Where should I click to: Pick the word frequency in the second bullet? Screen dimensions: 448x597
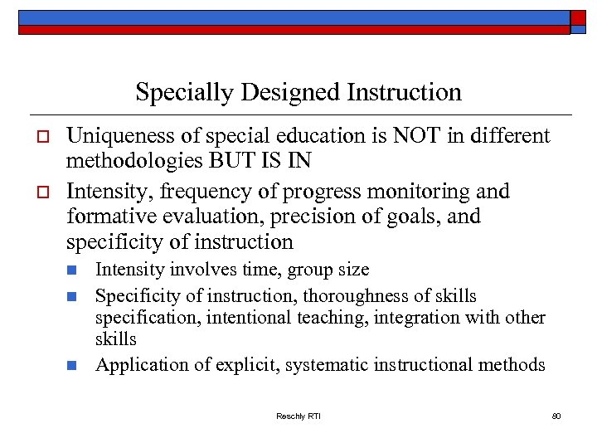(211, 192)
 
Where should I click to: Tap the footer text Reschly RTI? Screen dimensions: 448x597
(298, 416)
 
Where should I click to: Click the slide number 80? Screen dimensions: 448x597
(556, 416)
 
